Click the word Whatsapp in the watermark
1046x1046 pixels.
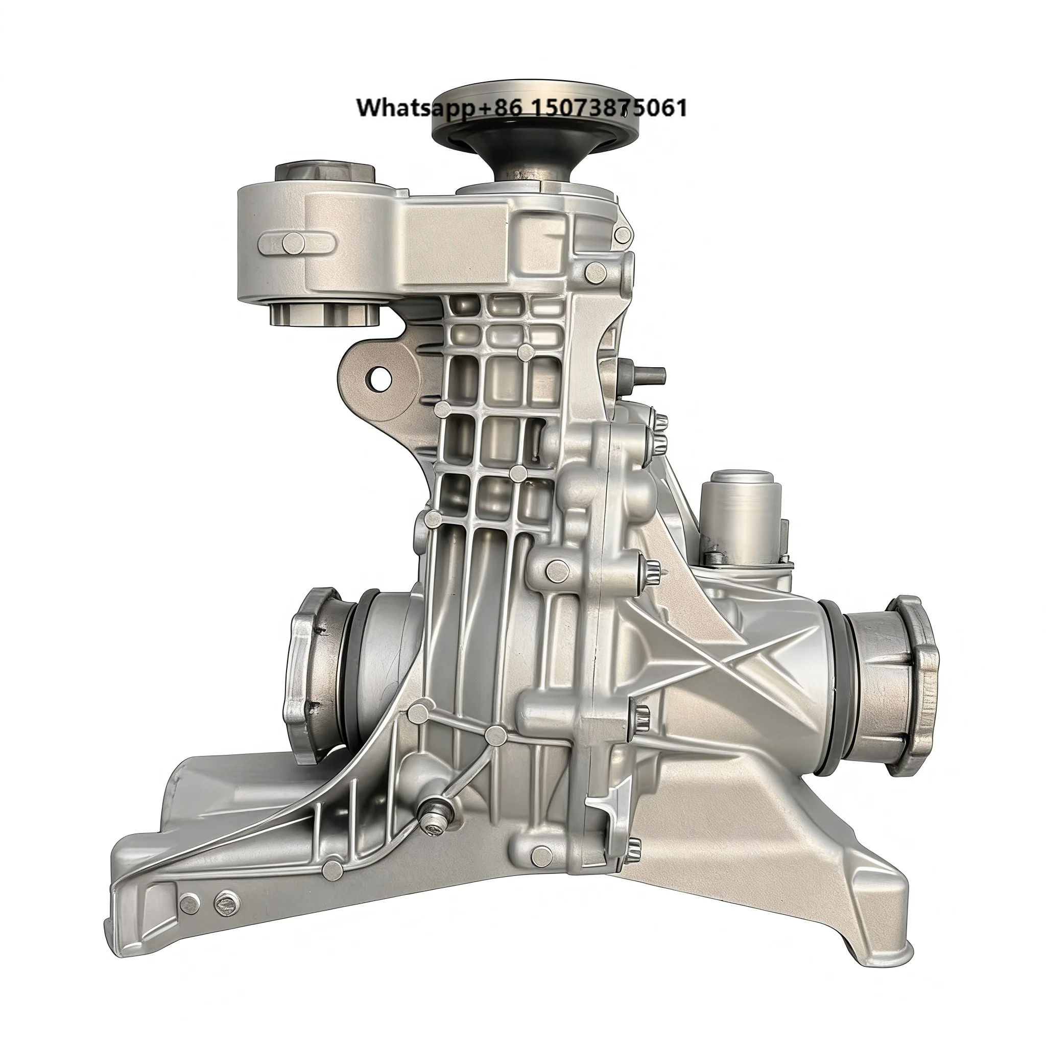click(414, 108)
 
